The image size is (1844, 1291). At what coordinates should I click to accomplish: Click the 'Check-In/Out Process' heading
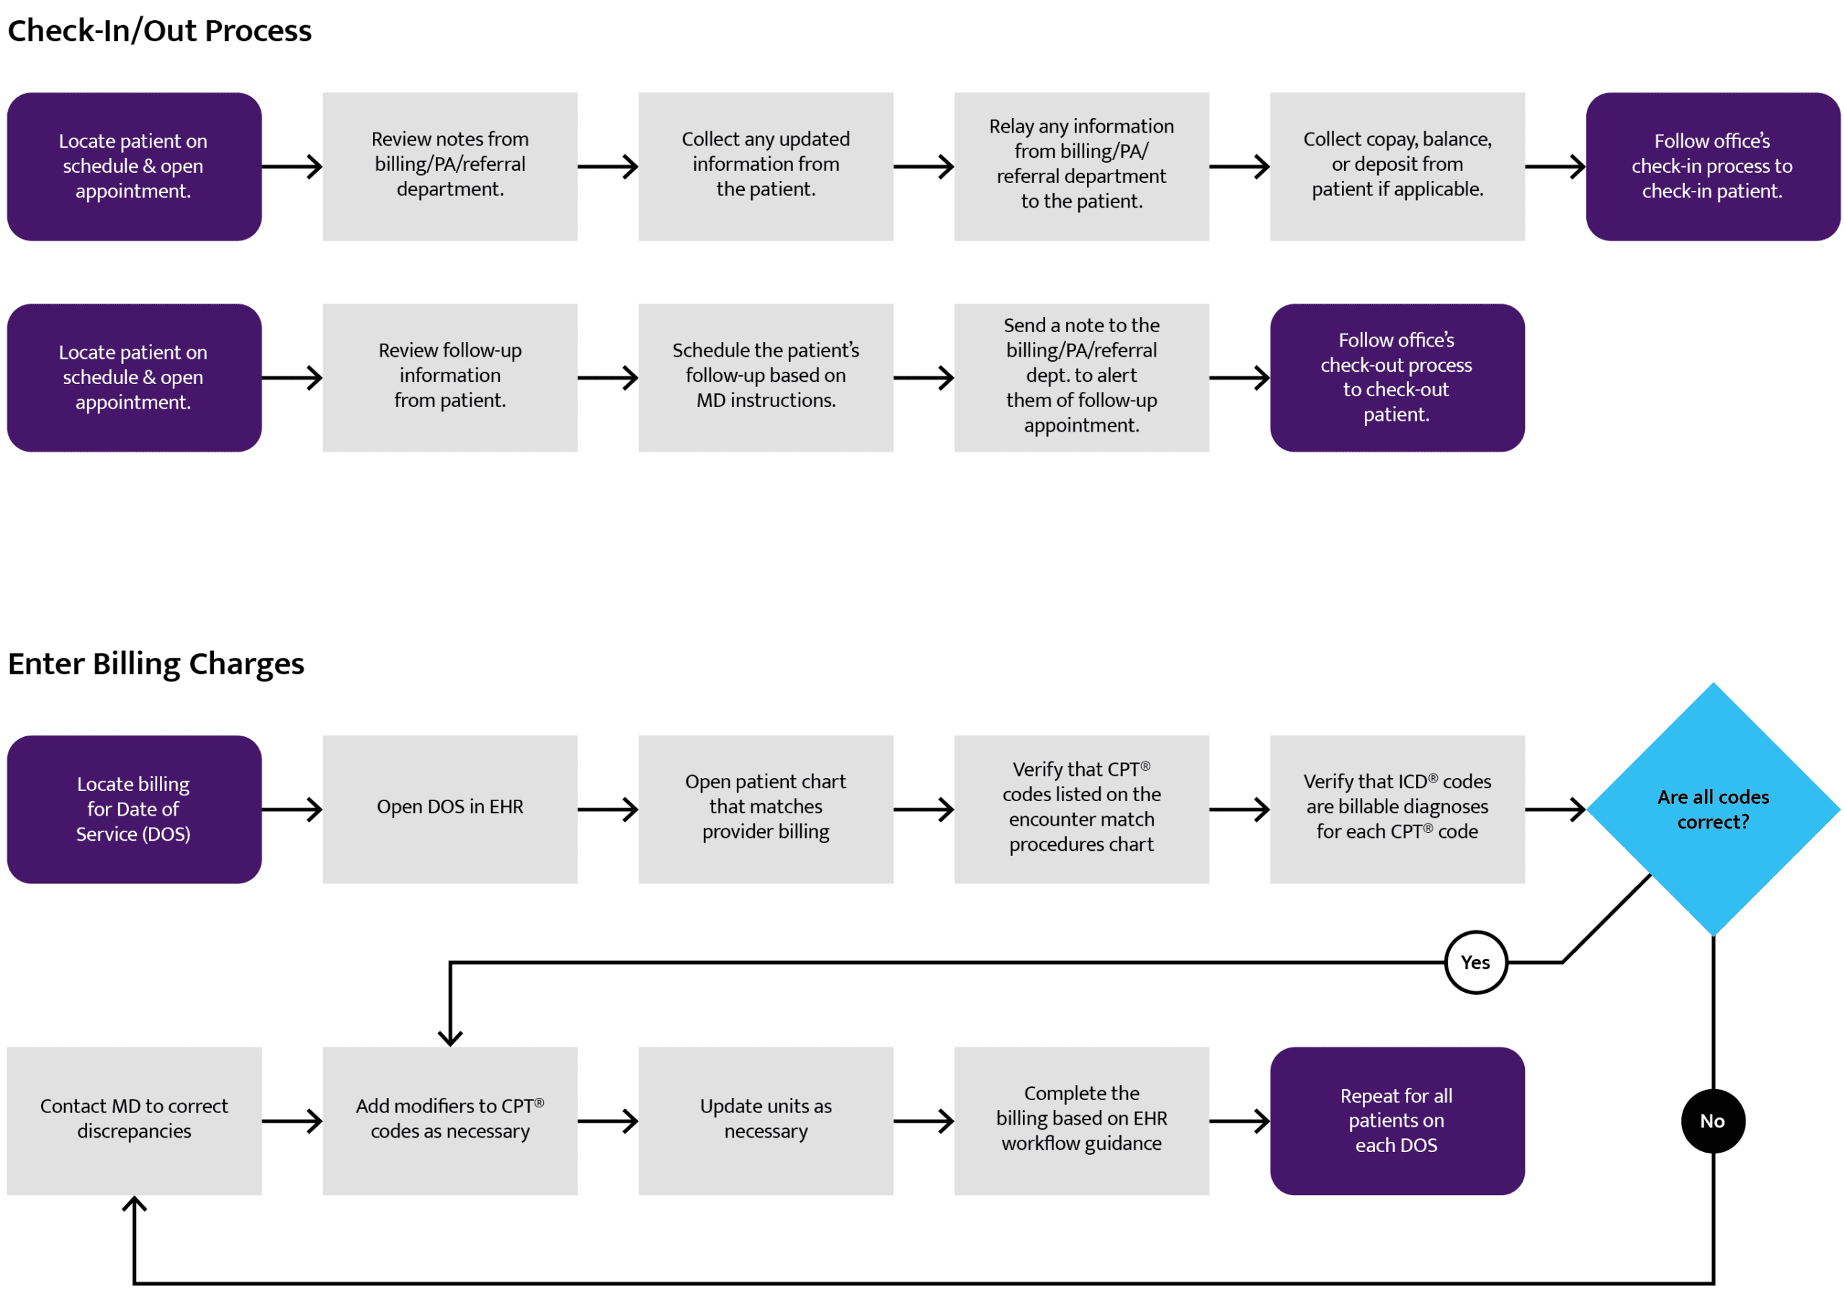[x=159, y=30]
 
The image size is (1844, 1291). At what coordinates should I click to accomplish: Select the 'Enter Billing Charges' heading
[x=156, y=664]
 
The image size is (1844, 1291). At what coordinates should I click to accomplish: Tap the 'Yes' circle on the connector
[x=1475, y=962]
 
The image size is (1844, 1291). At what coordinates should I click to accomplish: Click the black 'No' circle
[x=1713, y=1121]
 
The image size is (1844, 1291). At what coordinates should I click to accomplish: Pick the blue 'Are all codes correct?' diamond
[x=1713, y=809]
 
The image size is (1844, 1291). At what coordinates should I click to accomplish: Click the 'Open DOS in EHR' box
[x=449, y=809]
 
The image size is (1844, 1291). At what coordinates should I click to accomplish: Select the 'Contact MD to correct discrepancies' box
[x=134, y=1121]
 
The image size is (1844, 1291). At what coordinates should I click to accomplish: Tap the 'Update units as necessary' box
[x=766, y=1121]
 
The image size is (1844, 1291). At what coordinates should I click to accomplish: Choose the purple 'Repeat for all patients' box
[x=1397, y=1121]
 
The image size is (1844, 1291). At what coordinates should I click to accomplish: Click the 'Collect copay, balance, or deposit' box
[x=1397, y=166]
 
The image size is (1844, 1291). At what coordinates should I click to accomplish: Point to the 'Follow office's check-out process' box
[x=1397, y=378]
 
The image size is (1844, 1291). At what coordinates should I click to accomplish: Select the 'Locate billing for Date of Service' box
[x=134, y=809]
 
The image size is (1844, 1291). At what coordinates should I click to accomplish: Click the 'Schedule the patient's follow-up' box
[x=766, y=378]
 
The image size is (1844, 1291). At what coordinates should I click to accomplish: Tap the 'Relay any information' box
[x=1082, y=166]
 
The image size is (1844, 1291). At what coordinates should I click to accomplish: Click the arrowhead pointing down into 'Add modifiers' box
[x=449, y=1039]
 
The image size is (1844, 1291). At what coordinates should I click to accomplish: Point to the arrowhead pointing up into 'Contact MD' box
[x=134, y=1203]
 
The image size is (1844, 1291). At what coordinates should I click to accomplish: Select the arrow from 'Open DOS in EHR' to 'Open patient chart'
[x=608, y=809]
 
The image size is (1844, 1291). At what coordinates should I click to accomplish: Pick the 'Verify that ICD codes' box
[x=1397, y=809]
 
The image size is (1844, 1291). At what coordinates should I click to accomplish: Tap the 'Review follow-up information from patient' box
[x=449, y=378]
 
